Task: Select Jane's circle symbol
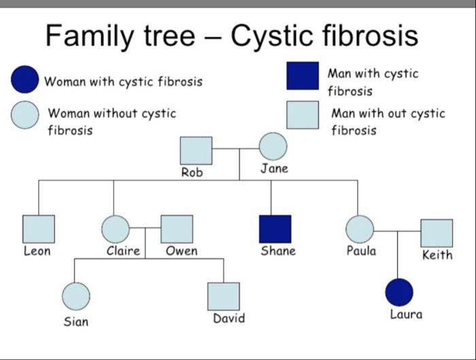point(273,146)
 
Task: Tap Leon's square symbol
point(38,229)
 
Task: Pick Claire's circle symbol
point(115,229)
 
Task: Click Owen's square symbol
point(177,229)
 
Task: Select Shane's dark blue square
point(275,229)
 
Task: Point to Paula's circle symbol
point(360,229)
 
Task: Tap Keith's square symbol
point(436,233)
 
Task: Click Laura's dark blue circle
point(399,292)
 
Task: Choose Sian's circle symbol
point(75,296)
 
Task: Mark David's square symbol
point(224,296)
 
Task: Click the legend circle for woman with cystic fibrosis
point(25,79)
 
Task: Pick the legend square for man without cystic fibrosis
point(303,114)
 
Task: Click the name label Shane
point(278,251)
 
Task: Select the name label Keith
point(437,255)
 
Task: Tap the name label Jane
point(274,168)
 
